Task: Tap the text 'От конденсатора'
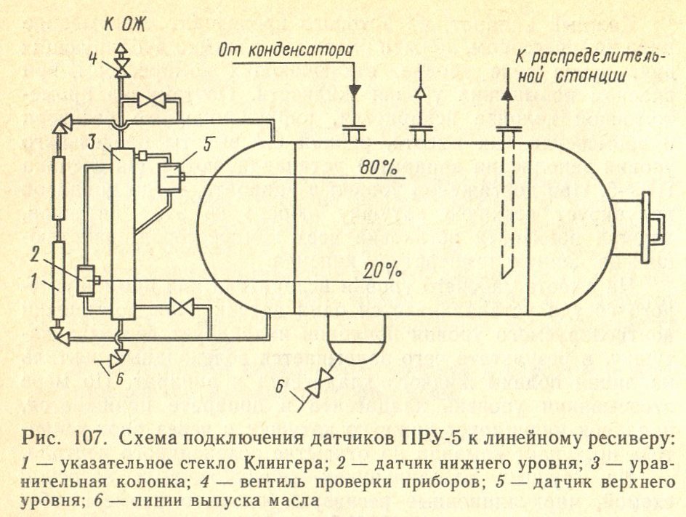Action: tap(286, 50)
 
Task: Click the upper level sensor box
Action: tap(170, 177)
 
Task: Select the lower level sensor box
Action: tap(86, 280)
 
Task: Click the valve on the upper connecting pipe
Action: tap(150, 101)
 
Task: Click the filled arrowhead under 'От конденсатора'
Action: tap(355, 91)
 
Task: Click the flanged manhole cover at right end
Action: tap(638, 231)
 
